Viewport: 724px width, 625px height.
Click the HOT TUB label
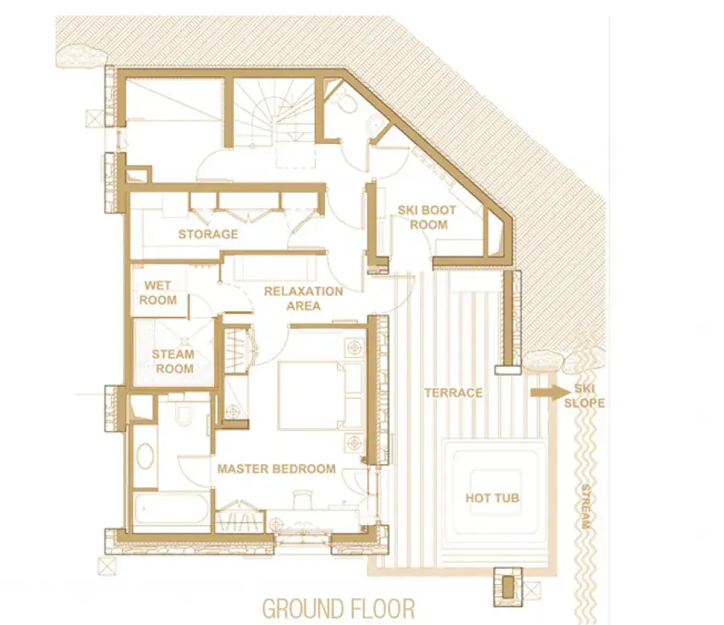pyautogui.click(x=492, y=498)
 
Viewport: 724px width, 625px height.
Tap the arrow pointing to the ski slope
pyautogui.click(x=550, y=393)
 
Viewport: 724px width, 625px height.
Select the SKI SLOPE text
pyautogui.click(x=585, y=396)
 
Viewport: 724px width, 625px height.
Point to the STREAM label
pyautogui.click(x=586, y=506)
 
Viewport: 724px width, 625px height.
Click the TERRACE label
pyautogui.click(x=454, y=393)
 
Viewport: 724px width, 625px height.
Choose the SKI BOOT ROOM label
pyautogui.click(x=427, y=217)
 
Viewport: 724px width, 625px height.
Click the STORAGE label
pyautogui.click(x=208, y=234)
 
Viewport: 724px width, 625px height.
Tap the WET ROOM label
pyautogui.click(x=158, y=293)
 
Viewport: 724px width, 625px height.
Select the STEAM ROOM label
pyautogui.click(x=173, y=361)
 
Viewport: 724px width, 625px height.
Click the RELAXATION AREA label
pyautogui.click(x=303, y=298)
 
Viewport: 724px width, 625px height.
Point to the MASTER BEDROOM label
pyautogui.click(x=277, y=469)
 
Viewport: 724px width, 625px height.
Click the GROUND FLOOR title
pyautogui.click(x=339, y=608)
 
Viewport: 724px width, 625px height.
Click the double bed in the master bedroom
pyautogui.click(x=320, y=396)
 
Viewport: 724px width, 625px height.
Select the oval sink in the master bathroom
pyautogui.click(x=144, y=457)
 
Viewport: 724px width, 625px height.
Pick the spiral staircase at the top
pyautogui.click(x=274, y=113)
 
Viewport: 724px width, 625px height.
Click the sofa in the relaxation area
pyautogui.click(x=275, y=267)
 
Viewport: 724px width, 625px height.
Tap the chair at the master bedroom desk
pyautogui.click(x=303, y=499)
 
